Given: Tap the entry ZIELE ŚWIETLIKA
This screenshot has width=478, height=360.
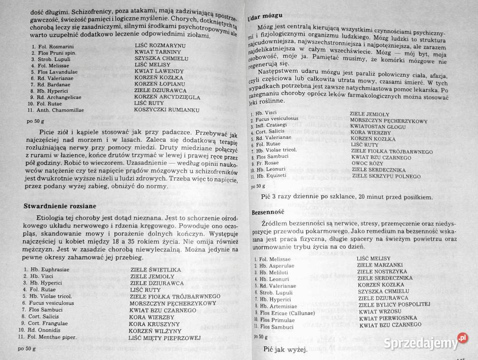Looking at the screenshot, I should [155, 269].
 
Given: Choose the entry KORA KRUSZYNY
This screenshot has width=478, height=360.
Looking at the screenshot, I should [153, 323].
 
